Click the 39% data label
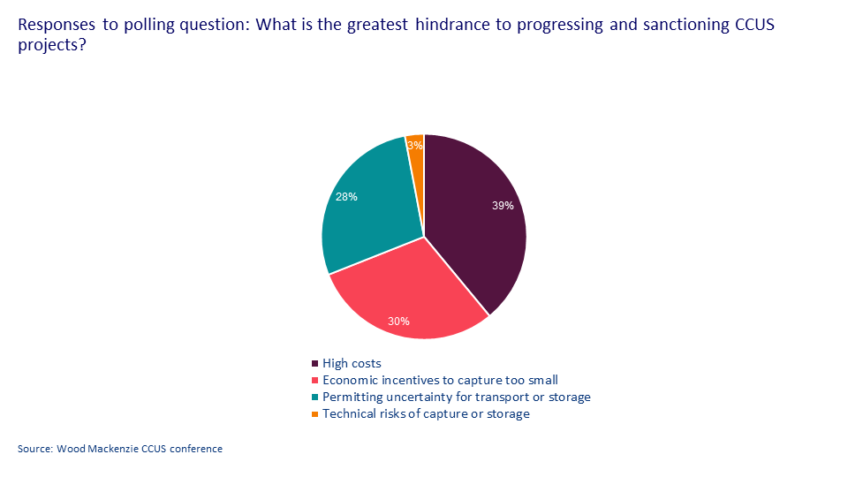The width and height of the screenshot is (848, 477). tap(503, 206)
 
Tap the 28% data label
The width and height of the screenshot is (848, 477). tap(345, 197)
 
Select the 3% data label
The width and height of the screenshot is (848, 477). tap(414, 145)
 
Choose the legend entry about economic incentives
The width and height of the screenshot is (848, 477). tap(440, 380)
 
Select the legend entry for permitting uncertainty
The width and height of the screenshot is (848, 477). tap(456, 397)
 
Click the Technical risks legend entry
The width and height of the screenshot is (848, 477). tap(426, 413)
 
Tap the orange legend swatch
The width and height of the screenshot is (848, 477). tap(314, 414)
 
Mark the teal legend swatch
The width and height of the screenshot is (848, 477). tap(314, 397)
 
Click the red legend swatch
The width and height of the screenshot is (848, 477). tap(314, 381)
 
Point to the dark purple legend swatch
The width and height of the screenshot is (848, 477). tap(314, 364)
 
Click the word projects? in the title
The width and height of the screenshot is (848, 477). tap(51, 44)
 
